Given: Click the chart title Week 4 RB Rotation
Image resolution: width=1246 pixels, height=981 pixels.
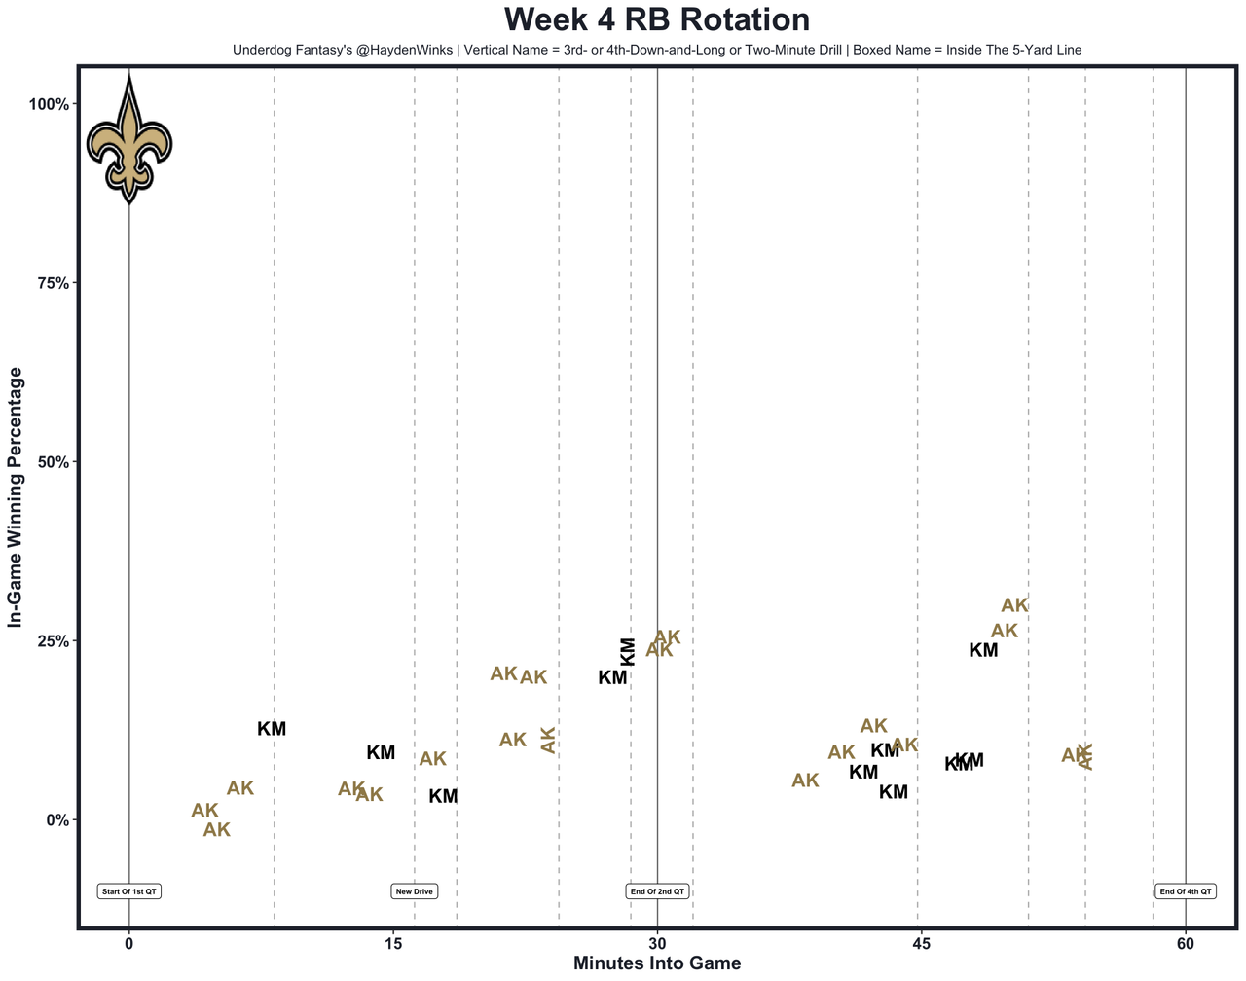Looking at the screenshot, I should tap(657, 20).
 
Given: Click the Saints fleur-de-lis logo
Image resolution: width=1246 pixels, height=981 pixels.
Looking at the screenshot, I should tap(129, 142).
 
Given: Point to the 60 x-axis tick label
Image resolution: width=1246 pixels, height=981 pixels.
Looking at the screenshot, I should tap(1186, 943).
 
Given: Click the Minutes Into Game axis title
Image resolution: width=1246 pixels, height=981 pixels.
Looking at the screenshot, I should tap(657, 963).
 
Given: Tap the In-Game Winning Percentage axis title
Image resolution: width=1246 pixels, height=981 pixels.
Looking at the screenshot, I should tap(15, 497).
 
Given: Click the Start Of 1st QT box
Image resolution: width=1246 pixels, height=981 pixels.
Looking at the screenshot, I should tap(129, 891).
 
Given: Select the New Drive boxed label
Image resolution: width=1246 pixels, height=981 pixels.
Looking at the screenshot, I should tap(415, 891).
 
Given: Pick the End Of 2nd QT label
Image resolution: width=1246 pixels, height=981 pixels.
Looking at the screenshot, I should tap(658, 891).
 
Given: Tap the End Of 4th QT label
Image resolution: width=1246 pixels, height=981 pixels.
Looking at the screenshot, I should tap(1186, 891).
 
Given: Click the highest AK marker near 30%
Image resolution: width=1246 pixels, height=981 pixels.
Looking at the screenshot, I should tap(1014, 605).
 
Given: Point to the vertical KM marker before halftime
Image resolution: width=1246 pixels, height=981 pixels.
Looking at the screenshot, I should tap(628, 651).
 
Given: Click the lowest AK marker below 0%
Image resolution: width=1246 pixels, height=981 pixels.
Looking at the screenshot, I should tap(216, 830).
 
